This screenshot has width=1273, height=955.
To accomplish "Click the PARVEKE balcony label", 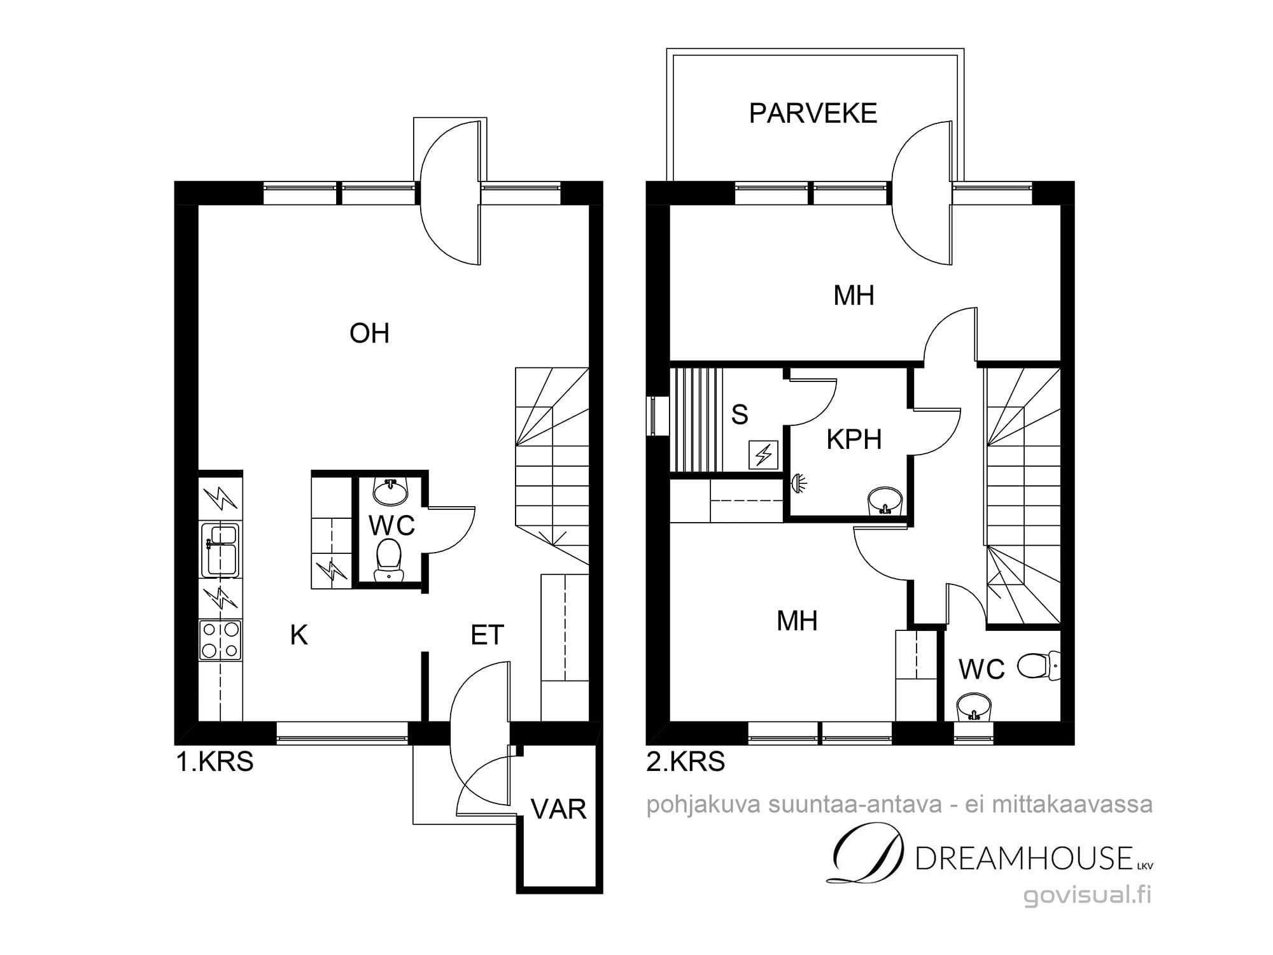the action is click(x=813, y=113).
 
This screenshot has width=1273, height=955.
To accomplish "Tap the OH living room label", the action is click(x=369, y=333).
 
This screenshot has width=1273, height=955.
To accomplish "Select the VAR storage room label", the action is click(x=558, y=809).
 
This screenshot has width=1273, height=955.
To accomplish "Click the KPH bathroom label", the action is click(x=854, y=439).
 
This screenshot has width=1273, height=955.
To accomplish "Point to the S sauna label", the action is click(x=739, y=414).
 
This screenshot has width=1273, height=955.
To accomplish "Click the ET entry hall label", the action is click(x=487, y=635).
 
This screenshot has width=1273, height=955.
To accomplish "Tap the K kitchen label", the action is click(x=299, y=635).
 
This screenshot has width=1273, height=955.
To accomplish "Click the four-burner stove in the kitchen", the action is click(x=220, y=640).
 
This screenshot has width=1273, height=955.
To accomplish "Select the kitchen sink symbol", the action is click(x=220, y=550).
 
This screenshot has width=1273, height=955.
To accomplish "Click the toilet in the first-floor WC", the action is click(x=389, y=560).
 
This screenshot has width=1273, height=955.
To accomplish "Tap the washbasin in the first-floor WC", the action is click(x=390, y=490).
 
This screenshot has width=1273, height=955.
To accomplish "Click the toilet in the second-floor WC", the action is click(x=1038, y=666).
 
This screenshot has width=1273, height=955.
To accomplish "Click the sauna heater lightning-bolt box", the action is click(x=764, y=455).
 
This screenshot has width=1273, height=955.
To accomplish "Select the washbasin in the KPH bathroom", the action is click(x=885, y=500).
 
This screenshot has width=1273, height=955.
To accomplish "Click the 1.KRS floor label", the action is click(x=215, y=761).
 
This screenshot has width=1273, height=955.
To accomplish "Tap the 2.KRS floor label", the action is click(x=686, y=761).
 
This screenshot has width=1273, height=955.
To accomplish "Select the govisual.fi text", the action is click(x=1088, y=895).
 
